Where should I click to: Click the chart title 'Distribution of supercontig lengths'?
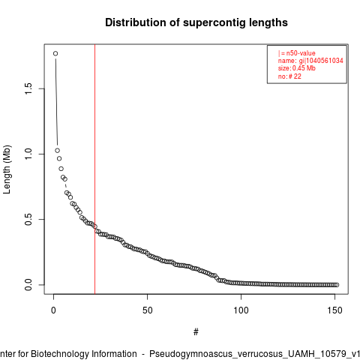click(196, 22)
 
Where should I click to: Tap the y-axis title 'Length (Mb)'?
click(7, 169)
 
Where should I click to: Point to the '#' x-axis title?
click(196, 332)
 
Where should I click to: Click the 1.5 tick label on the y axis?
click(28, 88)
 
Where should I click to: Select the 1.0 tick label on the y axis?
click(28, 154)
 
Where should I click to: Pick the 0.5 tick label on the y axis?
click(28, 219)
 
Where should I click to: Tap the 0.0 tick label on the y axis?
click(28, 285)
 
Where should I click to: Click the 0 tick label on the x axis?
click(53, 310)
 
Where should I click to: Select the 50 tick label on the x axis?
click(147, 310)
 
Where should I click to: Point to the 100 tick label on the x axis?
click(241, 310)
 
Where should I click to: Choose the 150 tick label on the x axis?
click(334, 310)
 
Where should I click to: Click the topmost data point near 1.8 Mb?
click(55, 53)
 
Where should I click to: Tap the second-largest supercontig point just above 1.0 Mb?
click(57, 151)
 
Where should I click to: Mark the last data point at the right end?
click(337, 285)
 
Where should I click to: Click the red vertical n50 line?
click(95, 169)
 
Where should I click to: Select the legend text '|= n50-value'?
click(297, 53)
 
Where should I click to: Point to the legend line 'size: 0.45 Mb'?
click(297, 68)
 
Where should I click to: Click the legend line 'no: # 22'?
click(289, 76)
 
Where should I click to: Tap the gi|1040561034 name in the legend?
click(321, 61)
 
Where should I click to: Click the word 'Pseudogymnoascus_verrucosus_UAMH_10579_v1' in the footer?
click(255, 354)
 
